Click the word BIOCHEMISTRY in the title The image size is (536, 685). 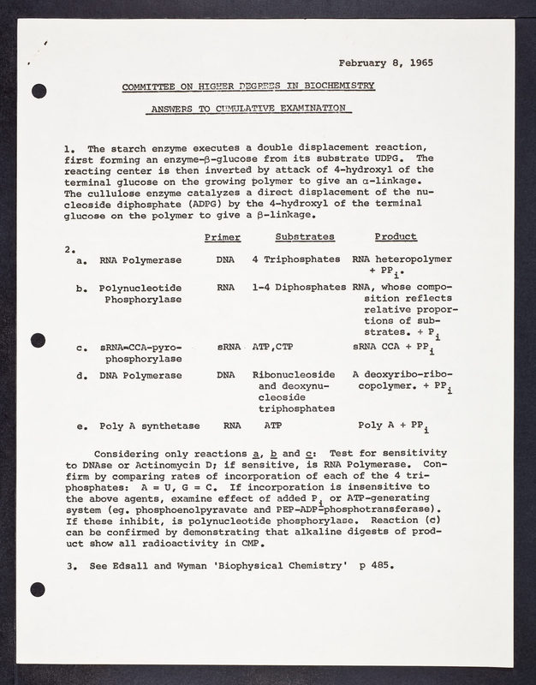pyautogui.click(x=337, y=87)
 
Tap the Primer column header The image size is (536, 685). pyautogui.click(x=223, y=237)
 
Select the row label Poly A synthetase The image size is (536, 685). pyautogui.click(x=149, y=426)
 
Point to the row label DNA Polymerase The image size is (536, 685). pyautogui.click(x=140, y=376)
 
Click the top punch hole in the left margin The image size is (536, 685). pyautogui.click(x=37, y=92)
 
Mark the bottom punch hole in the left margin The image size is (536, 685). pyautogui.click(x=37, y=588)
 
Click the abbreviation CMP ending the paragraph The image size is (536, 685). pyautogui.click(x=247, y=544)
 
